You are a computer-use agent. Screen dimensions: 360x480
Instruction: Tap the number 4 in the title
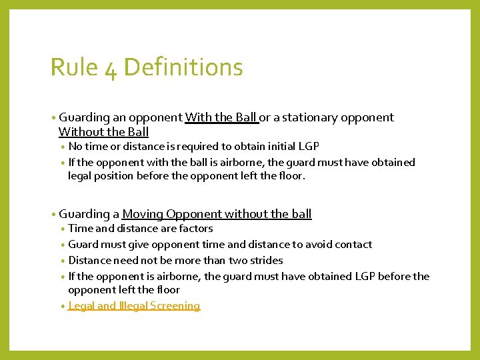(x=111, y=69)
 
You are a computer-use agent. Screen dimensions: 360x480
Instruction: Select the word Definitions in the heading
(x=183, y=67)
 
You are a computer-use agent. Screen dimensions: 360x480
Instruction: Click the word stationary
(x=311, y=117)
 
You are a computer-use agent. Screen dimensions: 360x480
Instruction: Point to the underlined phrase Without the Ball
(x=103, y=132)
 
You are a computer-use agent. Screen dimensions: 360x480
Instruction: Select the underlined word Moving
(x=143, y=214)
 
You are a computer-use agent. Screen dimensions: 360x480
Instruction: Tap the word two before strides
(x=237, y=261)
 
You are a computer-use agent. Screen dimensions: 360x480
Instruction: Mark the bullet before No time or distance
(x=63, y=147)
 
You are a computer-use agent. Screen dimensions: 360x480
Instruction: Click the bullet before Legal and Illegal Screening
(x=63, y=306)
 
